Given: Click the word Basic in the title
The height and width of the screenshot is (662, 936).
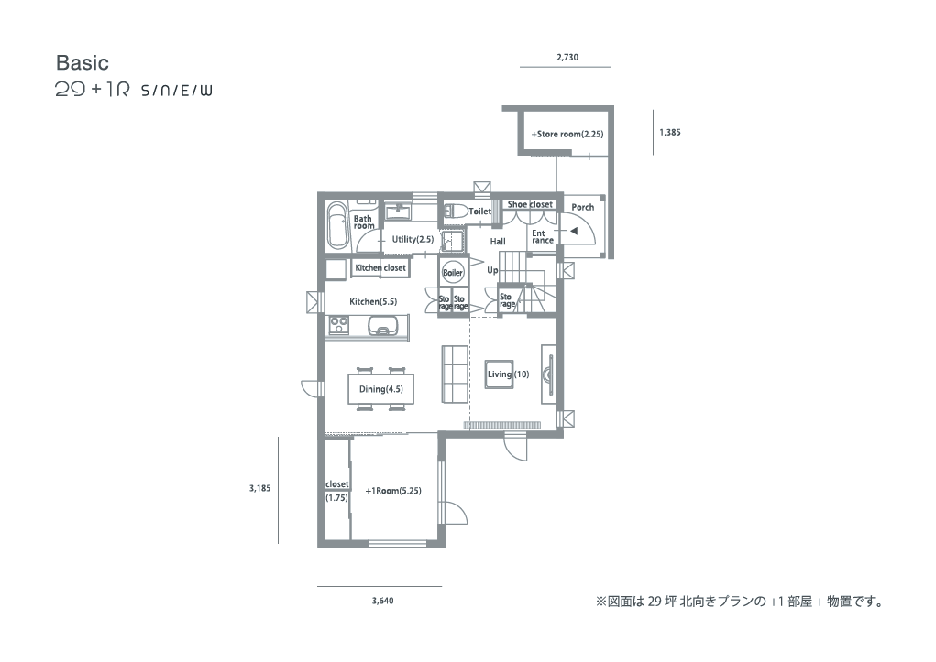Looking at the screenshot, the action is tap(83, 62).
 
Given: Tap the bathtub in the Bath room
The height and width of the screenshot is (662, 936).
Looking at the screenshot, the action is tap(338, 226).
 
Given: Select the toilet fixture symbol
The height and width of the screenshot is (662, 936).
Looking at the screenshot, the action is tap(455, 212).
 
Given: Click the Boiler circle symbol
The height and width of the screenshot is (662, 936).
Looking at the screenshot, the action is tap(453, 273).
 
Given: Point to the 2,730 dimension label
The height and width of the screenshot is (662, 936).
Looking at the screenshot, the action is tap(567, 58).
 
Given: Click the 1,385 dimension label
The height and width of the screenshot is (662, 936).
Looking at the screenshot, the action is tap(670, 133).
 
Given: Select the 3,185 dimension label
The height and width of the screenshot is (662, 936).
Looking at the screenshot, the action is tap(259, 488).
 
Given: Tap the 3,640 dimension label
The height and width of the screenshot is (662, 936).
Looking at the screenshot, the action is tap(382, 601).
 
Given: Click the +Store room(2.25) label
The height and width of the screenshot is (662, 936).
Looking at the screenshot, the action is tap(567, 135).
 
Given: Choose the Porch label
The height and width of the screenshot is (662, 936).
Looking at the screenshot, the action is tap(583, 207).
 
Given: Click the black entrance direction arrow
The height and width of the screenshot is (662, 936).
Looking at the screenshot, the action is tap(573, 231).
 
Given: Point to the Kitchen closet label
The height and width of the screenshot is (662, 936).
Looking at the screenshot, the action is tap(380, 267).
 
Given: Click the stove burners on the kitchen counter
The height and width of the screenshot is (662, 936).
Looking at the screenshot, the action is tap(339, 325).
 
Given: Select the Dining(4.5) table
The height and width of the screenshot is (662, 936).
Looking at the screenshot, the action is tap(380, 389).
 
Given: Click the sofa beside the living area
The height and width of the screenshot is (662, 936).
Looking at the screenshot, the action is tap(456, 374).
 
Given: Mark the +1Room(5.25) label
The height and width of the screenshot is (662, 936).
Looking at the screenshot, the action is tap(392, 491).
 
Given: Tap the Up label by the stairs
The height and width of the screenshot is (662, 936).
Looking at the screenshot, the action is tap(492, 270).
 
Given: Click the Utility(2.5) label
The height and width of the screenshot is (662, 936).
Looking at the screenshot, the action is tap(413, 239).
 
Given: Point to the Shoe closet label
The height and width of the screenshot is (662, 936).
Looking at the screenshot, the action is tap(530, 204).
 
